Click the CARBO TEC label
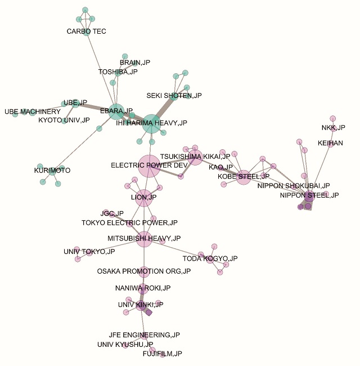point(86,32)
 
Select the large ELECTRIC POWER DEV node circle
point(149,166)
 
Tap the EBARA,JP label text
point(116,111)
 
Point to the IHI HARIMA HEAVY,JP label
point(151,123)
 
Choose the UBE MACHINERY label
point(32,111)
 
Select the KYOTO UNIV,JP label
point(64,120)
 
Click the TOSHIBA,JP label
point(118,72)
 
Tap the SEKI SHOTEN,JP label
point(174,96)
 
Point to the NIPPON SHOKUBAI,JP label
point(294,185)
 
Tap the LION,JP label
point(144,197)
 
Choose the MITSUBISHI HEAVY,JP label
point(144,238)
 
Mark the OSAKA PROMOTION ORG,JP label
point(144,271)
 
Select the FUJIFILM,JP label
point(163,354)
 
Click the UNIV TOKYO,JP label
point(89,252)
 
